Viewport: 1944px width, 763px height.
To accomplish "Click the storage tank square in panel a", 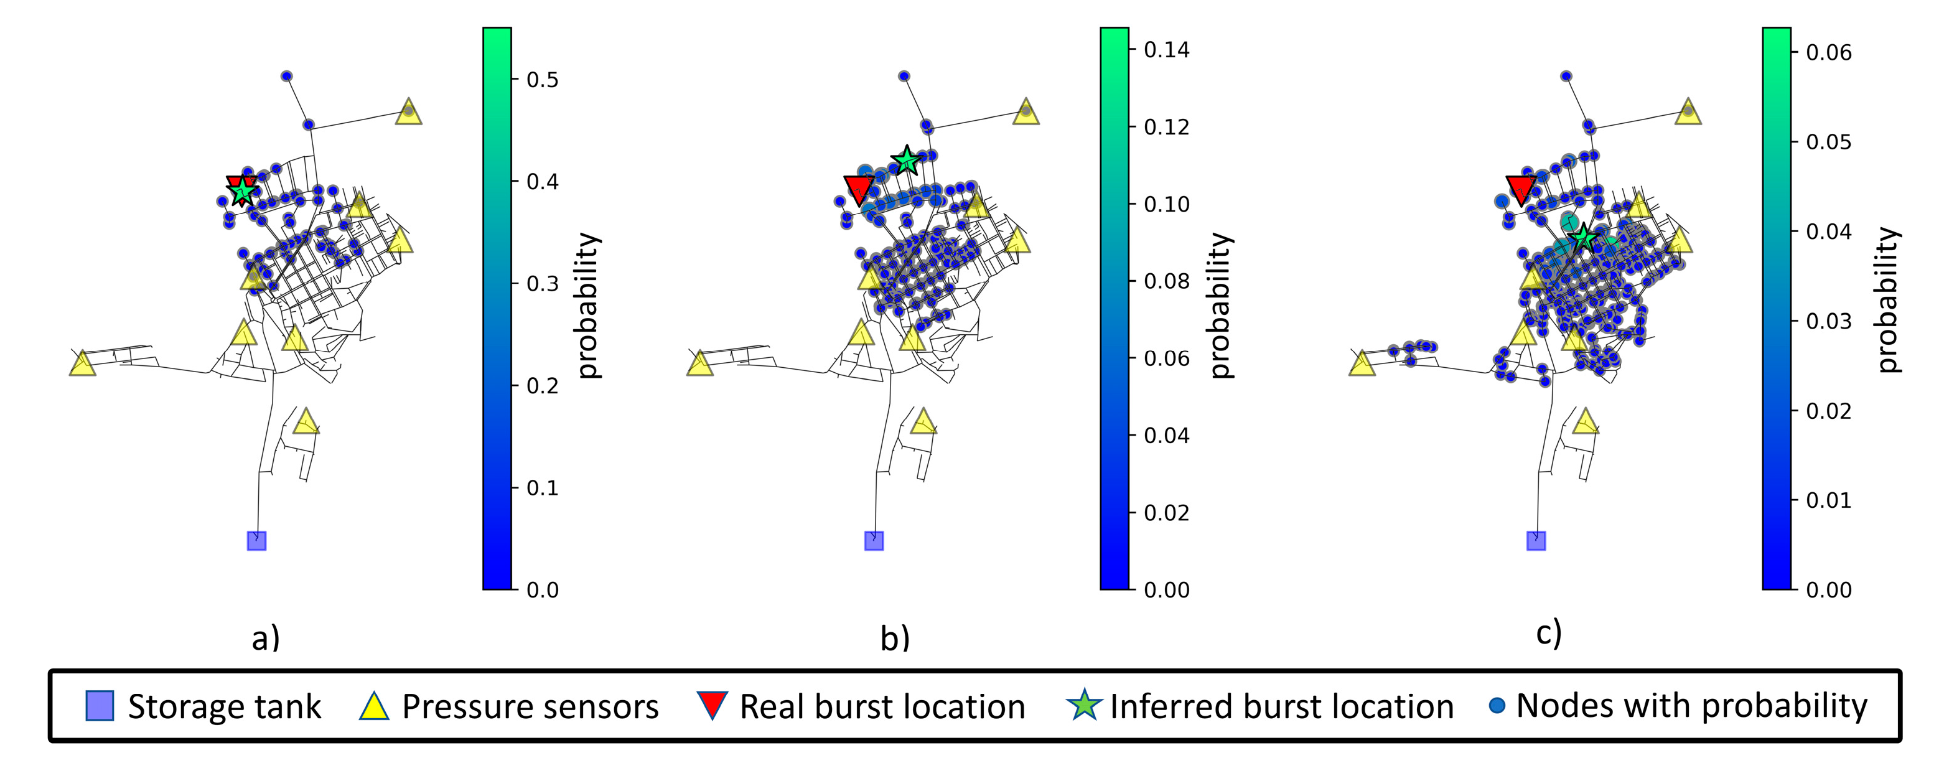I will pos(256,540).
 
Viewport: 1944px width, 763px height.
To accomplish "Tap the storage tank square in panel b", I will pos(874,540).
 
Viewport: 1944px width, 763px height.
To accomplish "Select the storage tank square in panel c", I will pos(1536,540).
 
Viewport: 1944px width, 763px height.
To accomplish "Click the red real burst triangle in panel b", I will pos(859,189).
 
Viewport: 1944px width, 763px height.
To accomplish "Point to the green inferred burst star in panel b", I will pos(906,160).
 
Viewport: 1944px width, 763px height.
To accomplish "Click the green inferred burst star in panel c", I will pos(1583,238).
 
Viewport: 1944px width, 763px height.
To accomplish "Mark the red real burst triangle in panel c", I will pos(1521,189).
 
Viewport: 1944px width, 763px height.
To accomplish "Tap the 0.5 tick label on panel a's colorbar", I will pos(543,79).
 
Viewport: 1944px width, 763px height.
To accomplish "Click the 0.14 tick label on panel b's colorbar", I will pos(1166,50).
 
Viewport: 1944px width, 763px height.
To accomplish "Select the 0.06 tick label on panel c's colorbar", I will pos(1828,52).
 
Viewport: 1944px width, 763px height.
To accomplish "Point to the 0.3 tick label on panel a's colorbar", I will pos(543,284).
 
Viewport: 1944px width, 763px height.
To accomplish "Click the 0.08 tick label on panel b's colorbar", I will pos(1166,281).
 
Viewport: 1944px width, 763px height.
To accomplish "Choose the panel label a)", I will pos(266,639).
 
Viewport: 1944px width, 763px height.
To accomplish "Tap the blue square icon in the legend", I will pos(100,706).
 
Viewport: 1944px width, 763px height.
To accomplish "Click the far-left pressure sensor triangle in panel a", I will pos(82,363).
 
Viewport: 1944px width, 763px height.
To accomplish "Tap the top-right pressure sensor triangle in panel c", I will pos(1688,111).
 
